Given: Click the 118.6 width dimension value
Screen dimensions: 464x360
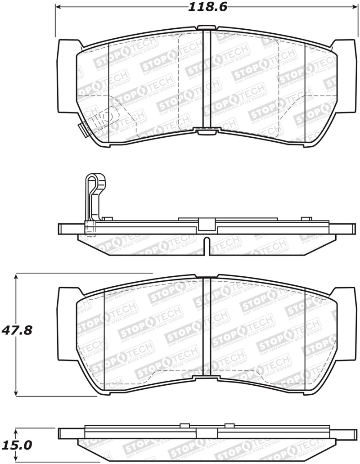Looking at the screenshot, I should point(205,7).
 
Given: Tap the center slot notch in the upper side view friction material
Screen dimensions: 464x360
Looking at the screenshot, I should point(206,244).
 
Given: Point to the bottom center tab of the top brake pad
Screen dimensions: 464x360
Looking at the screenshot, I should point(207,132).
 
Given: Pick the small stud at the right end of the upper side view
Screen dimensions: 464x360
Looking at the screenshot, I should point(306,219).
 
